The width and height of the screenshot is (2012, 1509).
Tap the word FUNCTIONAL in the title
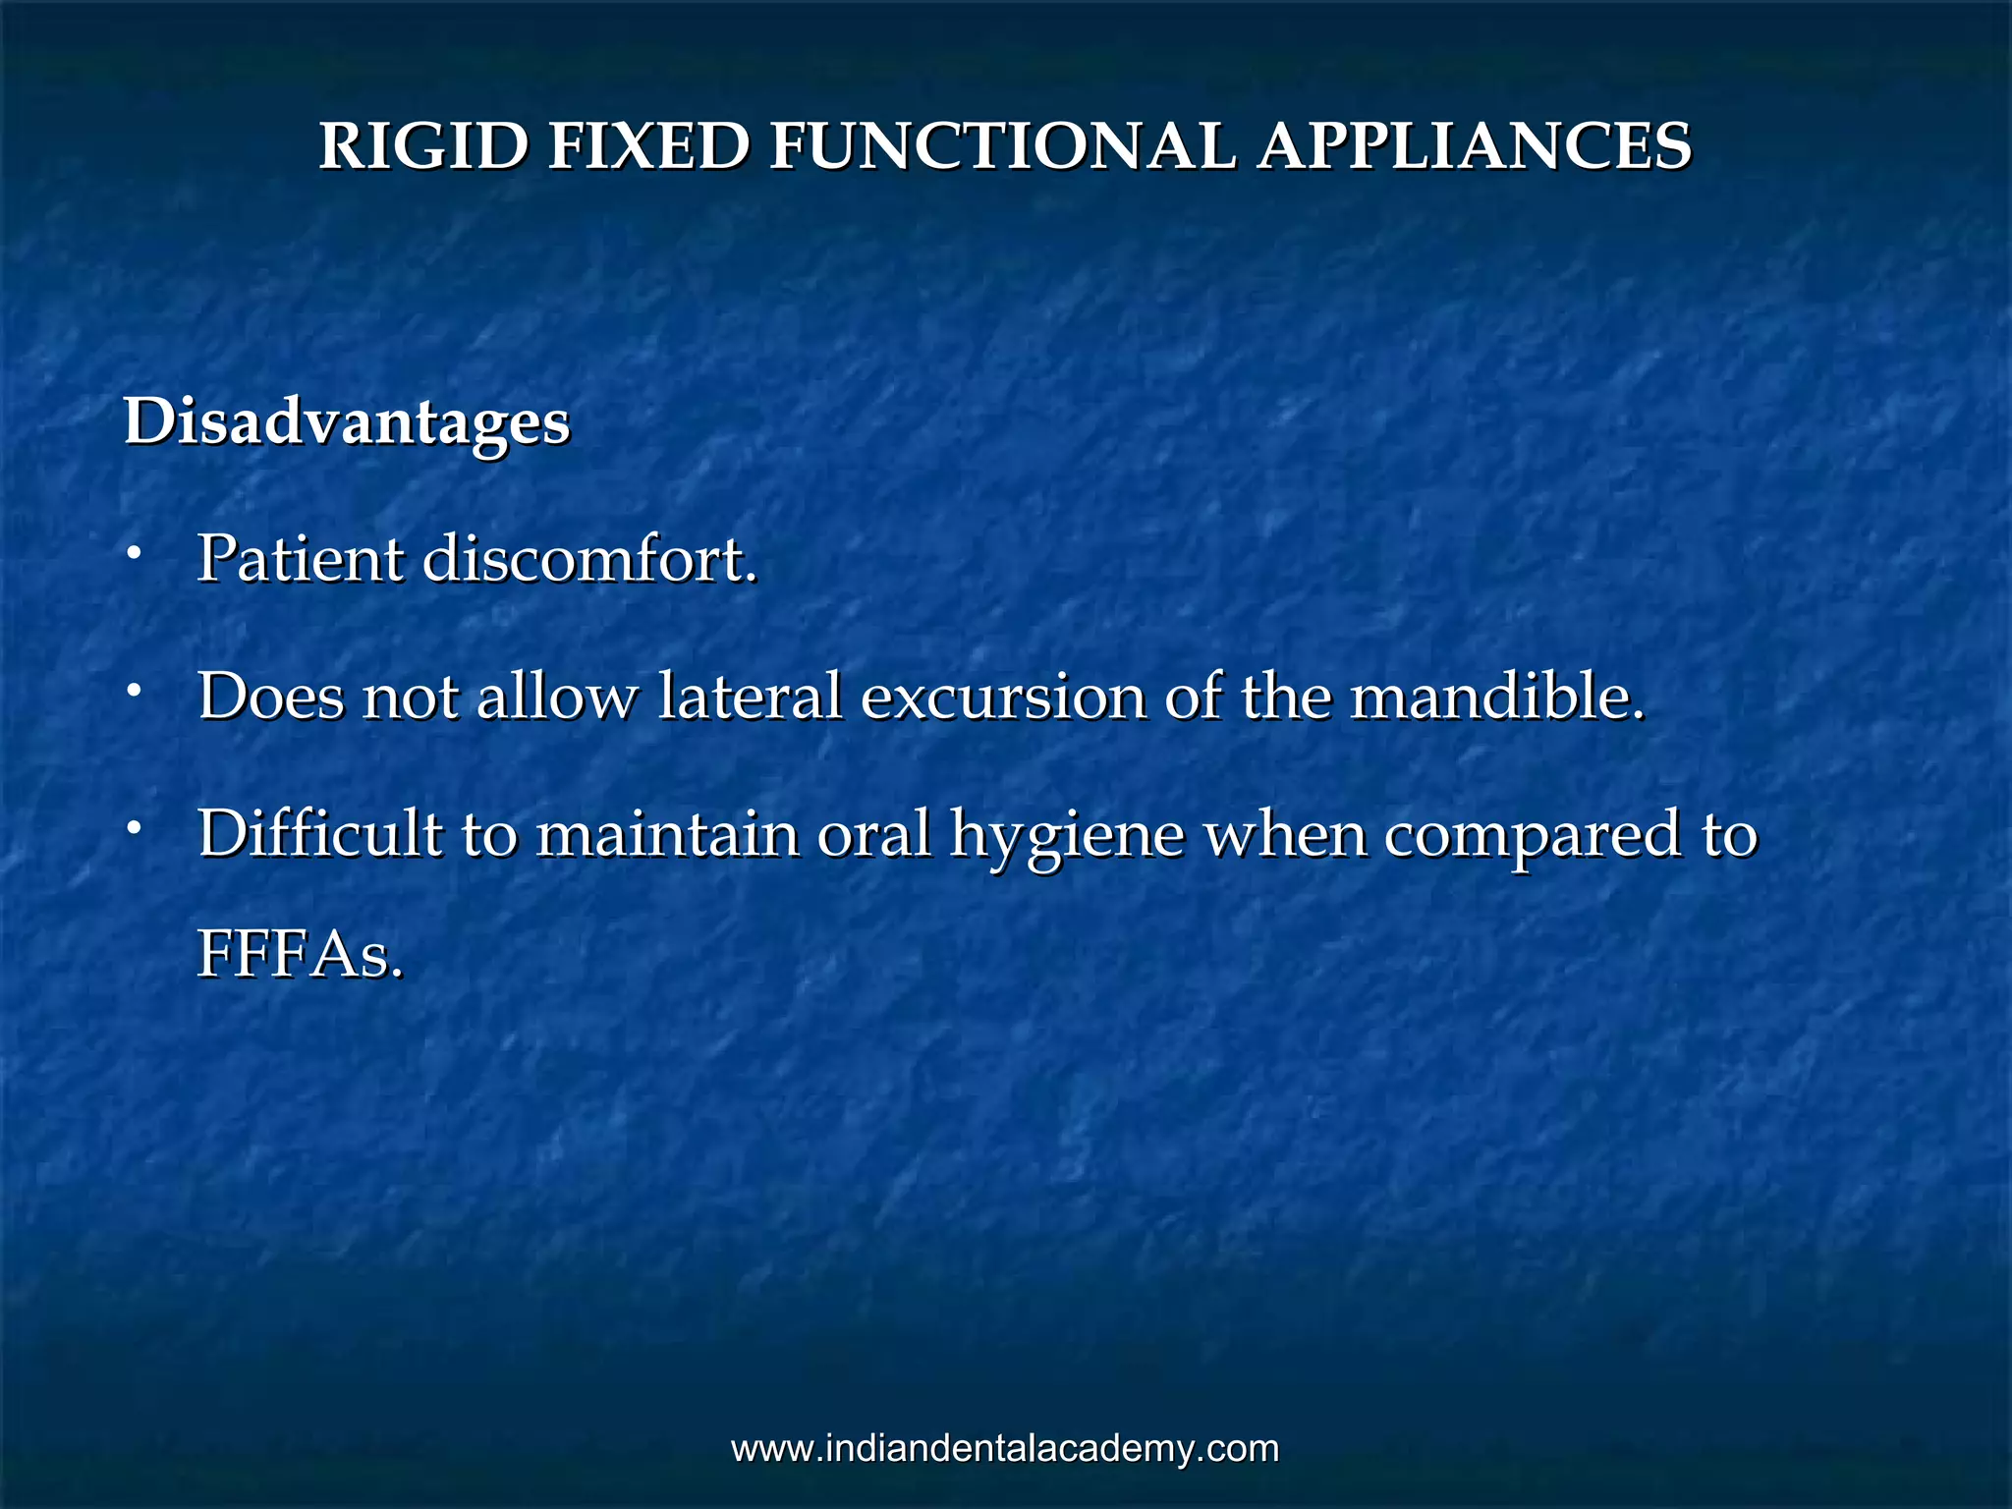[x=1001, y=147]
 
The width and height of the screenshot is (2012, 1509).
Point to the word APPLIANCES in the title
[x=1475, y=147]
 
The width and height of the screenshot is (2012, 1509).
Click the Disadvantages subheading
[x=347, y=423]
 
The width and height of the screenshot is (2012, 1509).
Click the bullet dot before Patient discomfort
[x=133, y=555]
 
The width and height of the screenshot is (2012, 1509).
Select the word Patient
[x=301, y=560]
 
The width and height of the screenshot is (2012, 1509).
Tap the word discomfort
[x=590, y=560]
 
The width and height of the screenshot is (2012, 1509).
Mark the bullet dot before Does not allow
[x=133, y=692]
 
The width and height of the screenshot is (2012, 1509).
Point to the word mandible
[x=1496, y=697]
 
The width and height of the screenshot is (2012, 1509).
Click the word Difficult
[x=320, y=834]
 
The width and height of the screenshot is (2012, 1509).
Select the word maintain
[x=667, y=834]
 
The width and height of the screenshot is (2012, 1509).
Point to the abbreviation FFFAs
[x=300, y=955]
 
